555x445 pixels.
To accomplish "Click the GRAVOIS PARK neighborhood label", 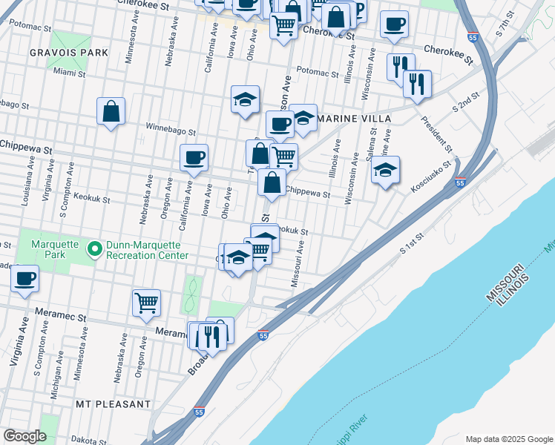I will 69,53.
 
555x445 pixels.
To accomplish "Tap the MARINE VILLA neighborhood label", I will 349,118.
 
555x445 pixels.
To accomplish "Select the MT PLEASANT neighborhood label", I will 113,404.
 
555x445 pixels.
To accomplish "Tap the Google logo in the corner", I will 24,436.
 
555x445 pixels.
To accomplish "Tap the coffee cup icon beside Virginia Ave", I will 24,278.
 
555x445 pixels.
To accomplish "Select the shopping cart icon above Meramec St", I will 146,301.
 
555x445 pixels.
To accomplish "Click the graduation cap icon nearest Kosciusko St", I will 385,170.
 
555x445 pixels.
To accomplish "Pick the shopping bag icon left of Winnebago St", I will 111,112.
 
